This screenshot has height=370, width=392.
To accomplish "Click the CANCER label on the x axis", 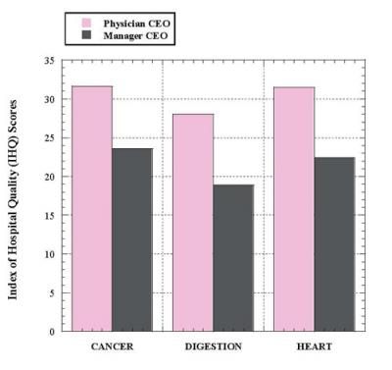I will pos(112,346).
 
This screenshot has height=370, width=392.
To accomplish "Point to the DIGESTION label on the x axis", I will pos(213,346).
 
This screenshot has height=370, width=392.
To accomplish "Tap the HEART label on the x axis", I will pos(314,346).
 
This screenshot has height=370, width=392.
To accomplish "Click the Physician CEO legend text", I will pos(131,20).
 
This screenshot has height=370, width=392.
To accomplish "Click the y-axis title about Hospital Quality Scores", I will pos(13,196).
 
